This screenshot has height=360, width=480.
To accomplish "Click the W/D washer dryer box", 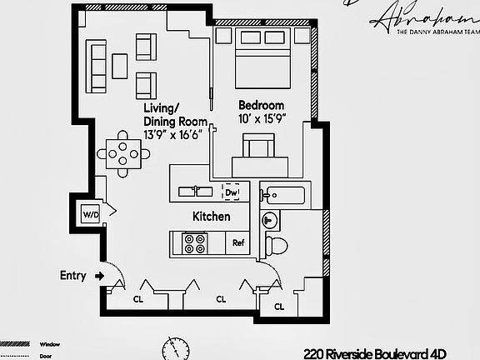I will coord(90,215).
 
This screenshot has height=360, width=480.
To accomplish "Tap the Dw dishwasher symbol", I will coord(232,192).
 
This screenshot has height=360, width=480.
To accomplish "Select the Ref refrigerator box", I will coord(238,243).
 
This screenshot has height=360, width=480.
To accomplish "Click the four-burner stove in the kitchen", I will coord(195,243).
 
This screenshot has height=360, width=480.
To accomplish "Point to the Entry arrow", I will coord(99,275).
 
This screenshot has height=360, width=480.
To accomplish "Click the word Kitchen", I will coord(211,217).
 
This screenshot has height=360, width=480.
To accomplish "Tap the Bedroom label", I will coord(261,106).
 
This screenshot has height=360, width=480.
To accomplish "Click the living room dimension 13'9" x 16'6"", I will coord(175,135).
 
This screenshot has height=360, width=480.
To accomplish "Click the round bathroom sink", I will coord(269,221).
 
